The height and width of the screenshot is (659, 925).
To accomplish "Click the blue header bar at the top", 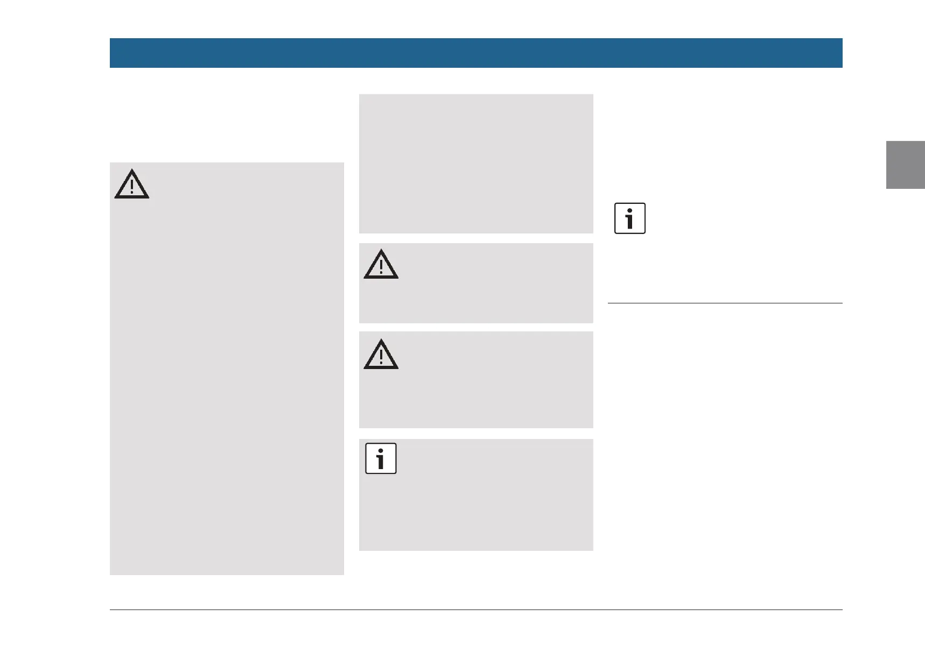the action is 476,53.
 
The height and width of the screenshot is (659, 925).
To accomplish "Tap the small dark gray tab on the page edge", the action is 905,165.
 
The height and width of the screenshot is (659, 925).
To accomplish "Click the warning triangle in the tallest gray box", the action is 131,185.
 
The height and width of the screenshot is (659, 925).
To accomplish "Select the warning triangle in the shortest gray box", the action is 381,265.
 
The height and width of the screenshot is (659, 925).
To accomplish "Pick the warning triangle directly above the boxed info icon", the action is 381,355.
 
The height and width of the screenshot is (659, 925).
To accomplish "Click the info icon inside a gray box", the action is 381,458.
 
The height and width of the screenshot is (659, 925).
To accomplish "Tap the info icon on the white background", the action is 629,218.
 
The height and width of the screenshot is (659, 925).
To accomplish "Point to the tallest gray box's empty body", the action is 226,387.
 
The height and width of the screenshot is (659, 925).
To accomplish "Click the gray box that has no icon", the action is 476,164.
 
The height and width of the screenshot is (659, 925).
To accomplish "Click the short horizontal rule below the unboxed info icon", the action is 725,303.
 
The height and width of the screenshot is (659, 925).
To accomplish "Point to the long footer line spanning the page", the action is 476,610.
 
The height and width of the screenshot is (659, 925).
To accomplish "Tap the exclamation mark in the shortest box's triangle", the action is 381,267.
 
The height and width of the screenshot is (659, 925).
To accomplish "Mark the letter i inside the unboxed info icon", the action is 629,219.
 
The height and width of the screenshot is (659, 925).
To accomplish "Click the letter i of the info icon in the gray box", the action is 381,459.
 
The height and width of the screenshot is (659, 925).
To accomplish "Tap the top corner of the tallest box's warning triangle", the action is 131,171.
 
